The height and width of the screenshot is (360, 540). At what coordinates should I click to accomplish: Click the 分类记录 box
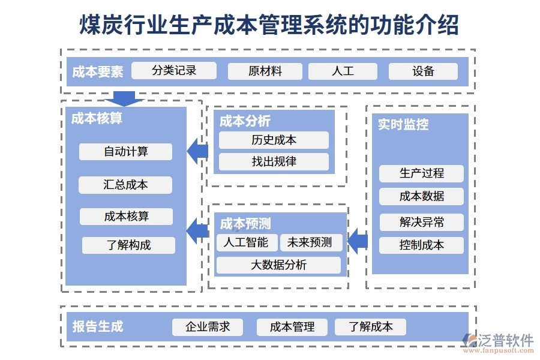pos(174,70)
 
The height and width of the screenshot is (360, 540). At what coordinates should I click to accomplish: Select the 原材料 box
pos(265,71)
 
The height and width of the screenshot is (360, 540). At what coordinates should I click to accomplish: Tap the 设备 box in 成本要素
pos(423,71)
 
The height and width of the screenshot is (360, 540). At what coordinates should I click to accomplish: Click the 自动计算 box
pos(125,152)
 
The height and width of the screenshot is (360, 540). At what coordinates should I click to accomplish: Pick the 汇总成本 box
pos(125,185)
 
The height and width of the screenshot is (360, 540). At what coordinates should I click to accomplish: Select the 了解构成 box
pos(128,245)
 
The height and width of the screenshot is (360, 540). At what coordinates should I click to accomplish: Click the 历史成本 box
pos(274,140)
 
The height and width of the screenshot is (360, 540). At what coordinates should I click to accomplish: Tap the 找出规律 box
pos(274,161)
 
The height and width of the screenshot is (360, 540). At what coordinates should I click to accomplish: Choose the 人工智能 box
pos(246,242)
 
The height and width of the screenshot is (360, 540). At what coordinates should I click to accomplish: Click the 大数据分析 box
pos(278,265)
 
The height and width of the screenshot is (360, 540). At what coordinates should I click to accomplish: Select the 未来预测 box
pos(310,242)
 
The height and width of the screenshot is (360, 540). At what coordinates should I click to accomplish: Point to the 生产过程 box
pos(421,173)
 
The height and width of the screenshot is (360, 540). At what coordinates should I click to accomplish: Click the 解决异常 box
pos(421,222)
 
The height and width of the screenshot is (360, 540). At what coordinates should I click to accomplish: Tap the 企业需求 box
pos(208,327)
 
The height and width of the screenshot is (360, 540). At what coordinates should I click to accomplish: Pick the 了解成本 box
pos(370,327)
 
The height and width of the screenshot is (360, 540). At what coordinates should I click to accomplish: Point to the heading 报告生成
pos(98,326)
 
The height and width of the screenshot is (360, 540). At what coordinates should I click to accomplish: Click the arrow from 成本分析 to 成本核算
pos(197,151)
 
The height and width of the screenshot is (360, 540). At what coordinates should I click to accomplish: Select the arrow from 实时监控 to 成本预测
pos(358,241)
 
